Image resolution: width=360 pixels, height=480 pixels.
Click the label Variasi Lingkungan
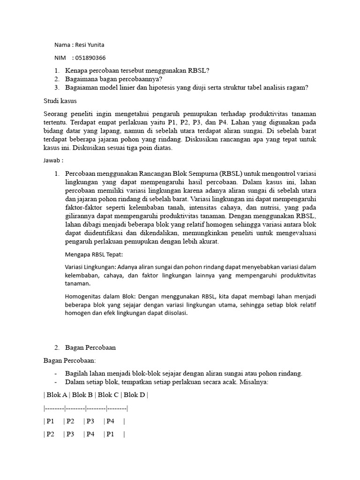(90, 267)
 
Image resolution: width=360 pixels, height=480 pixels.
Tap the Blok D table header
(135, 395)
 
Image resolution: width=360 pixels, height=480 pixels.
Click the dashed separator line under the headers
(86, 408)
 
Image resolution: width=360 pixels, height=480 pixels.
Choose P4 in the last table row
(90, 435)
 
